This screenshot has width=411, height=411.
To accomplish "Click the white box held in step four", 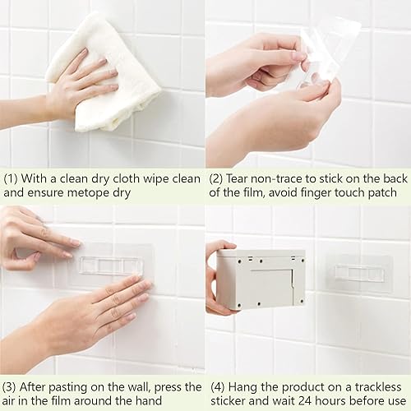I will point(261,279).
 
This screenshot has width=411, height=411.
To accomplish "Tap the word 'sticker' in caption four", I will point(228,401).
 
